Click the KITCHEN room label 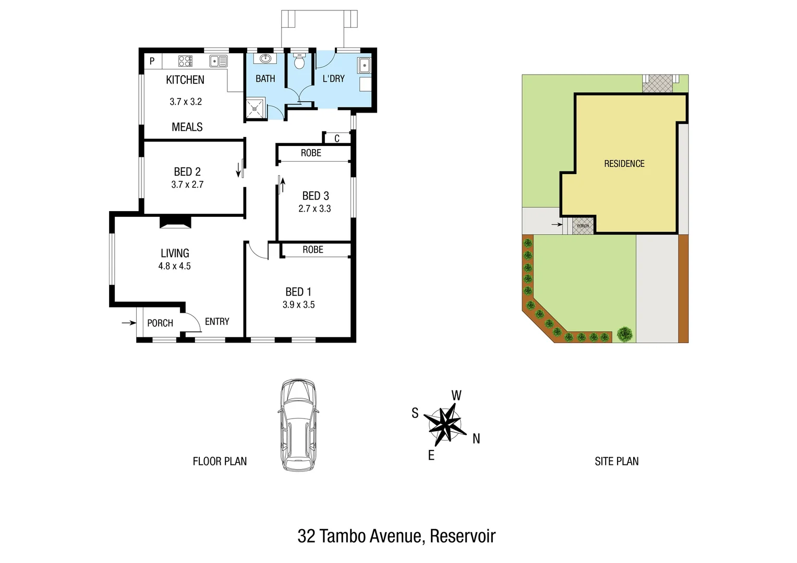[185, 80]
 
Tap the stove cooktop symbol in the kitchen [185, 61]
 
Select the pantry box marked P [152, 61]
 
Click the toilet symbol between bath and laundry [299, 62]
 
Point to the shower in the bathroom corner [256, 108]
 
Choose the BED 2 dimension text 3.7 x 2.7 [187, 185]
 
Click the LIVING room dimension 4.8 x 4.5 [175, 266]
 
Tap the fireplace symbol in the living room [175, 223]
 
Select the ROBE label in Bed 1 [313, 250]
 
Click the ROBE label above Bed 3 [311, 153]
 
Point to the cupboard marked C [337, 138]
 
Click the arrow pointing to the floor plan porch [128, 323]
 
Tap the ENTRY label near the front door [217, 322]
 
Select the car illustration [298, 425]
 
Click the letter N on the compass [476, 439]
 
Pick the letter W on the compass [456, 396]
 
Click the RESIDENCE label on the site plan [624, 164]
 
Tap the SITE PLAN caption [617, 461]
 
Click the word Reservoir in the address [463, 536]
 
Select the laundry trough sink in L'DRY [364, 66]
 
